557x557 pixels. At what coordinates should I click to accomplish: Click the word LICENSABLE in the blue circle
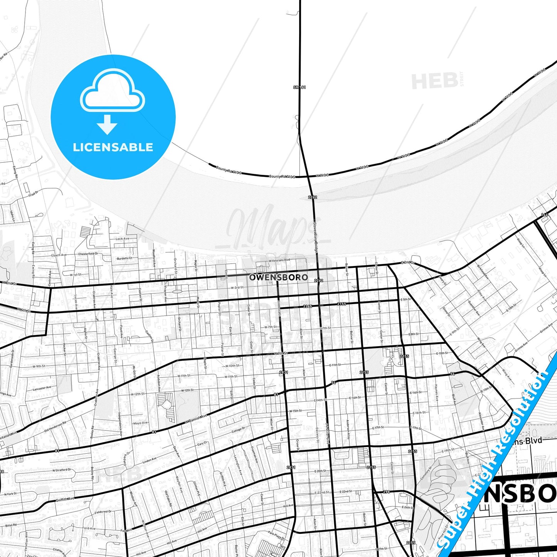click(x=113, y=147)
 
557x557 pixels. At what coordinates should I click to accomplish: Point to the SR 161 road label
click(x=299, y=88)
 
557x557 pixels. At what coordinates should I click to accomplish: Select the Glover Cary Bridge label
click(x=315, y=236)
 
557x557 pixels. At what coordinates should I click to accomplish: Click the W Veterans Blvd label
click(x=279, y=260)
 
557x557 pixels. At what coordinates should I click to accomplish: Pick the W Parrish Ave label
click(x=196, y=419)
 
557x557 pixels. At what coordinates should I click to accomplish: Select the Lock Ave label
click(x=122, y=239)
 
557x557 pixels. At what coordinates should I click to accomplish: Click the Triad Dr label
click(x=34, y=194)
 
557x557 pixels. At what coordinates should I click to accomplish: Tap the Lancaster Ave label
click(x=42, y=388)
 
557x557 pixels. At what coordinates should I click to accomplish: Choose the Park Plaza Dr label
click(x=276, y=536)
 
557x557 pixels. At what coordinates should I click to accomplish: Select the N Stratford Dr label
click(x=62, y=470)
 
